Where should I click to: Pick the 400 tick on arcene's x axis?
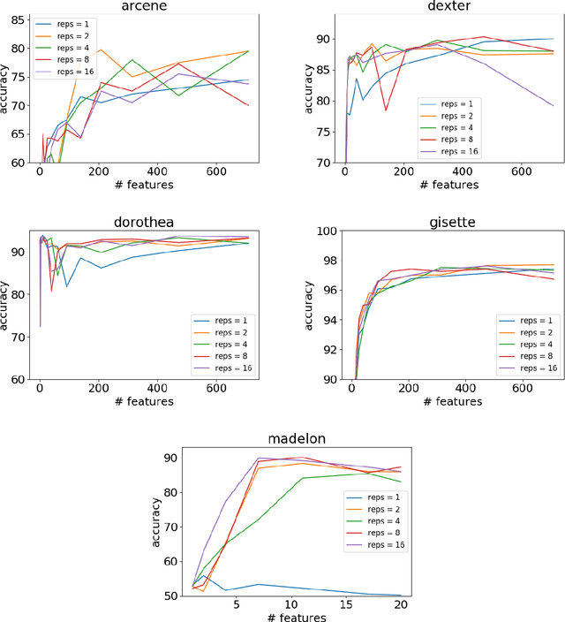tap(156, 173)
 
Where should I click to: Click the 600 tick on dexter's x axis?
tap(522, 173)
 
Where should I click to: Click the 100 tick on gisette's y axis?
tap(321, 231)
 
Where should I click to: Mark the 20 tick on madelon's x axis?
tap(400, 606)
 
